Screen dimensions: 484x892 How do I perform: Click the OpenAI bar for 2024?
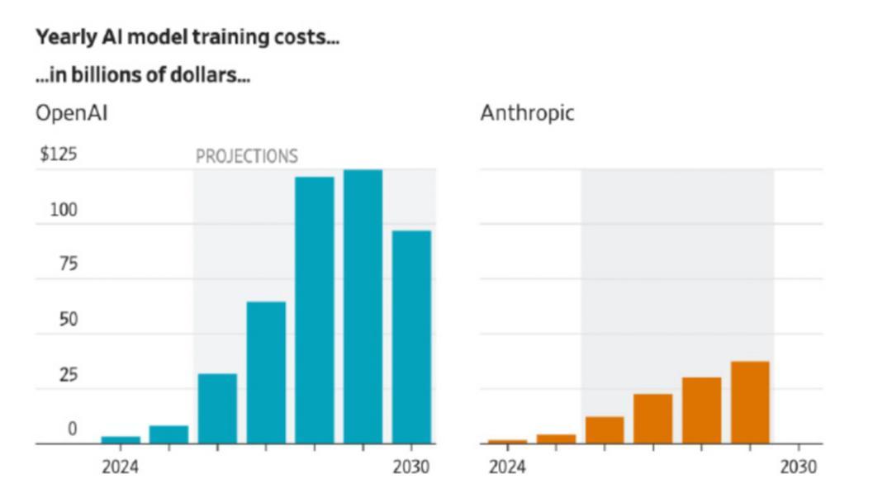point(121,439)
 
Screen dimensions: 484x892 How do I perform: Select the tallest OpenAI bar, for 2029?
point(363,306)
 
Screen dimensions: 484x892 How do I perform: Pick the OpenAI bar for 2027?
point(266,372)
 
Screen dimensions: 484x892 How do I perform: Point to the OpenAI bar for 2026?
point(217,408)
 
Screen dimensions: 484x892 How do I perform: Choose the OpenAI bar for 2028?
point(315,310)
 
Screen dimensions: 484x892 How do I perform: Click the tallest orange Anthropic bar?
point(750,402)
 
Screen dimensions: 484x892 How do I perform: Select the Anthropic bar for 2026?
point(605,429)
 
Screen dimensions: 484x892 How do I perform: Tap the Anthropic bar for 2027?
point(652,419)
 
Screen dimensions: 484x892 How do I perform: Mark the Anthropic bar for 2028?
point(701,410)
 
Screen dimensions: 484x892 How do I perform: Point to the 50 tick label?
point(68,320)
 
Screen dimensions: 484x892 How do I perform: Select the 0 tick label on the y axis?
point(73,429)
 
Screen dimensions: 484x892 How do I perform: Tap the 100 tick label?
point(64,210)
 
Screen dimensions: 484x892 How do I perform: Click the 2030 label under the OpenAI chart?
point(410,467)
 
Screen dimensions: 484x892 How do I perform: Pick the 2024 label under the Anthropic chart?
point(506,467)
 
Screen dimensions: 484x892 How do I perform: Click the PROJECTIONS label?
point(246,156)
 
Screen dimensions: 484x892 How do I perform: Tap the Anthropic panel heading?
point(527,113)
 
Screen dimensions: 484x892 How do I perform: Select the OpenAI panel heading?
point(71,113)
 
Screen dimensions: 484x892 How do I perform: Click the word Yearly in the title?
point(58,38)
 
